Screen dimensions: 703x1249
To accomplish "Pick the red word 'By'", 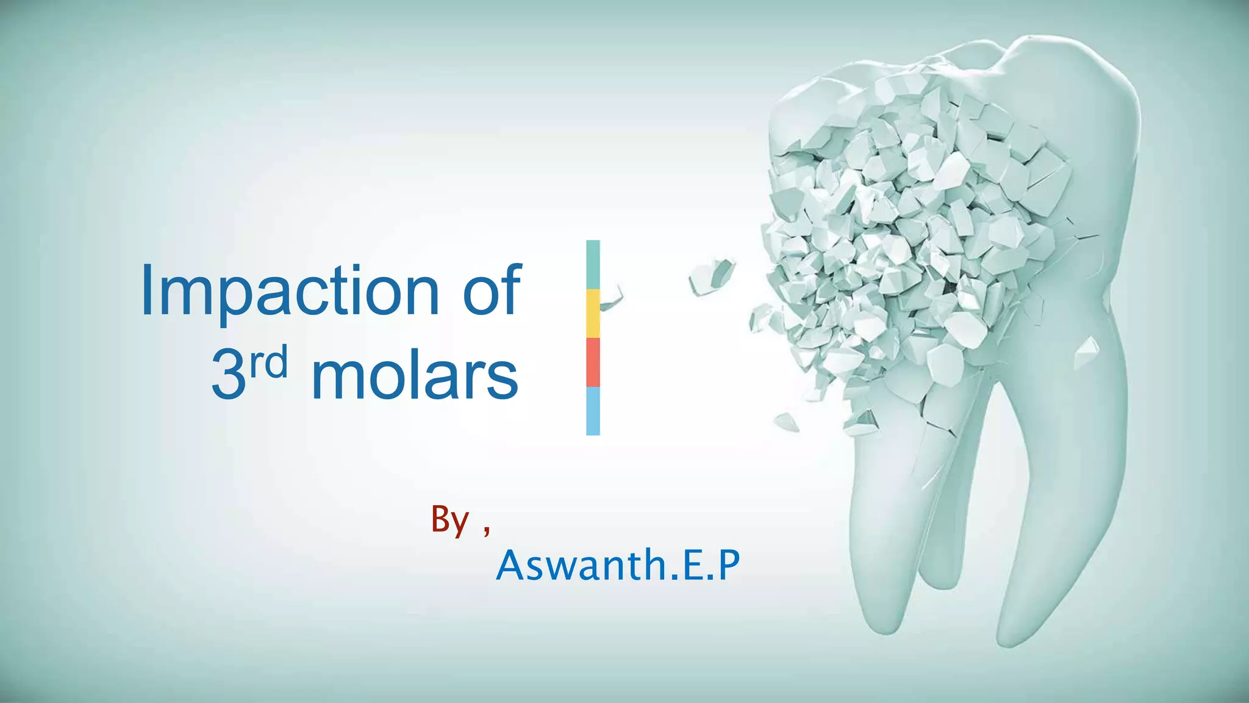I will (x=450, y=521).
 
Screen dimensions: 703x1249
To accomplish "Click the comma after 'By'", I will (x=486, y=531).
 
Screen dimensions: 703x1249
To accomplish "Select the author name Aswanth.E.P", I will (x=618, y=565).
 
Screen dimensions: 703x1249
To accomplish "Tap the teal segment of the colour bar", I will (x=593, y=264).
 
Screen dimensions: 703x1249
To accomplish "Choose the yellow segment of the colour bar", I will (x=593, y=314).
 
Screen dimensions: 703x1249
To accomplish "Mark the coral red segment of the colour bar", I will (x=593, y=362).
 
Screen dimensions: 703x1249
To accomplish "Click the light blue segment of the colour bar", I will (x=593, y=411).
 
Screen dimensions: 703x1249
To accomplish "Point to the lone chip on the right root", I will (x=1086, y=353).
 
